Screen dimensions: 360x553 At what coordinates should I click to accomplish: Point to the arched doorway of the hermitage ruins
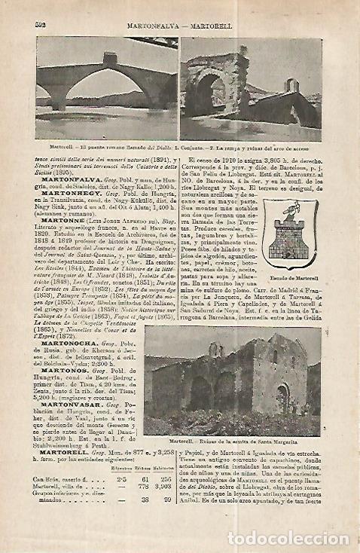coord(283,397)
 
